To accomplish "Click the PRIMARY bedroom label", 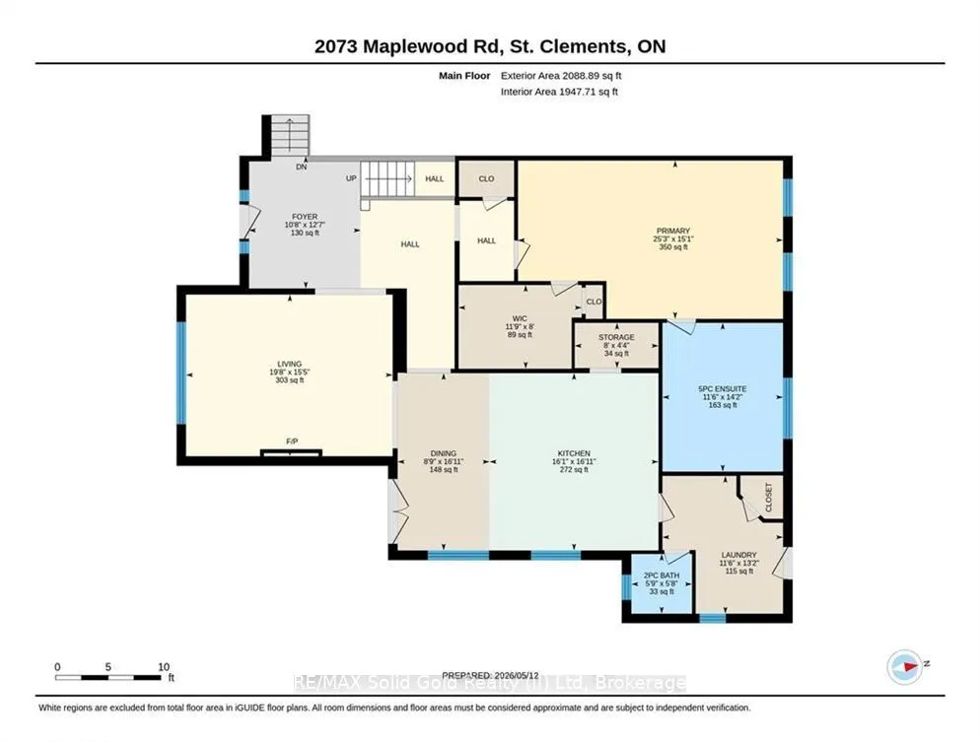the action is pyautogui.click(x=673, y=232).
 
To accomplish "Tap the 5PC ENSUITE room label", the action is pyautogui.click(x=723, y=389).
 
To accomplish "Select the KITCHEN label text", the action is pyautogui.click(x=574, y=453).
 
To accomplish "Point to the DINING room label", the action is pyautogui.click(x=443, y=453).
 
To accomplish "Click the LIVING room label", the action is pyautogui.click(x=290, y=365).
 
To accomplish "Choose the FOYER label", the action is pyautogui.click(x=305, y=217).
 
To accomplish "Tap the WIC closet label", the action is pyautogui.click(x=520, y=318).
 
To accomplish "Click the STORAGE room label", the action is pyautogui.click(x=616, y=337).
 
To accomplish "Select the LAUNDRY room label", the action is pyautogui.click(x=738, y=555).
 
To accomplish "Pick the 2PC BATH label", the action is pyautogui.click(x=662, y=575).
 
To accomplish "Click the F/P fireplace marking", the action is pyautogui.click(x=292, y=441).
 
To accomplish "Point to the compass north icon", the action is pyautogui.click(x=905, y=666).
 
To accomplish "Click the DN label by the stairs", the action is pyautogui.click(x=302, y=168).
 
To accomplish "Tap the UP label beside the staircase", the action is pyautogui.click(x=351, y=178).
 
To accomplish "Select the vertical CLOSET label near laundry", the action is pyautogui.click(x=769, y=498).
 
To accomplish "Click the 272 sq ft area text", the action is pyautogui.click(x=574, y=470).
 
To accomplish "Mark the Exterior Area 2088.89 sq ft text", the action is pyautogui.click(x=561, y=76).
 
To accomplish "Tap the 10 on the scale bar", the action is pyautogui.click(x=164, y=667).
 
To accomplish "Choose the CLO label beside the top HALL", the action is pyautogui.click(x=486, y=178).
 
